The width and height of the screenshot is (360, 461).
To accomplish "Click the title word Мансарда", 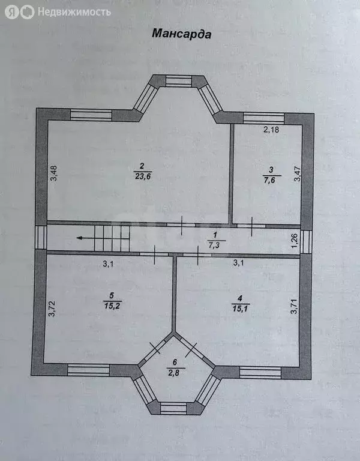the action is pyautogui.click(x=181, y=34).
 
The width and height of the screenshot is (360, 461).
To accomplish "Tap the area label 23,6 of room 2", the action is pyautogui.click(x=143, y=176).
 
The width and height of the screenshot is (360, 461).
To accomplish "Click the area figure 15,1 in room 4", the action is pyautogui.click(x=241, y=309).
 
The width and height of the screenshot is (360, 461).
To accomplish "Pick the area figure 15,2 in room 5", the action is pyautogui.click(x=113, y=306).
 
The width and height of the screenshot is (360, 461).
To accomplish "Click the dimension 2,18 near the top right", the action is pyautogui.click(x=271, y=130).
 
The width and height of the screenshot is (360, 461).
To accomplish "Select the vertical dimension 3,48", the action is pyautogui.click(x=54, y=173).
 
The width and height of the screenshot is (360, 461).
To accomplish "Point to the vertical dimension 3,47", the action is pyautogui.click(x=298, y=173).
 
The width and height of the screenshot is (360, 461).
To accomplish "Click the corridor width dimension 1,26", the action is pyautogui.click(x=295, y=241).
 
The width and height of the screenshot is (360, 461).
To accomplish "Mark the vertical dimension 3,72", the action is pyautogui.click(x=52, y=309).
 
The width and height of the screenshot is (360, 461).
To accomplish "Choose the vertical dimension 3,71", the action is pyautogui.click(x=294, y=307).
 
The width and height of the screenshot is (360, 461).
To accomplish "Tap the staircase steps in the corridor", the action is pyautogui.click(x=112, y=238).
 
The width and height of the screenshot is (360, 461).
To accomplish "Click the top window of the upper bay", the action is pyautogui.click(x=179, y=80).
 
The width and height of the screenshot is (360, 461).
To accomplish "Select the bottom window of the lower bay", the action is pyautogui.click(x=173, y=408).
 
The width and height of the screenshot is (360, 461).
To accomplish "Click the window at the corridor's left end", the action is pyautogui.click(x=41, y=238).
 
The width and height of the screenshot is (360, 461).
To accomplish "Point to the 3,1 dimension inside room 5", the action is pyautogui.click(x=108, y=264).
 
